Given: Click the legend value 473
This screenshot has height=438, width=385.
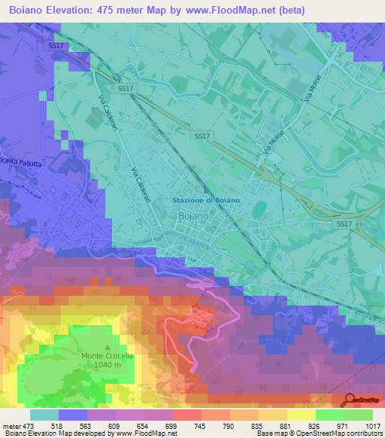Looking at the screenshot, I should coord(29,425).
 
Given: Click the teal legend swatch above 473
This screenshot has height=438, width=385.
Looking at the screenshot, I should coord(44,415).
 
